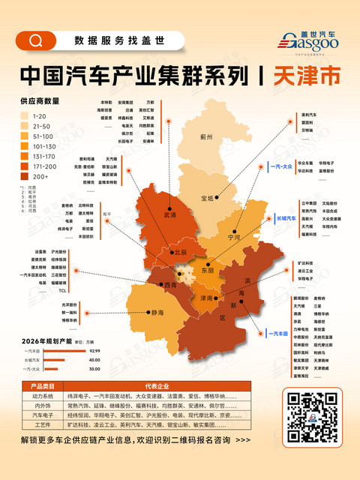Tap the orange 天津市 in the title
pyautogui.click(x=304, y=76)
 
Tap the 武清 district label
pyautogui.click(x=167, y=215)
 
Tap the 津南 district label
pyautogui.click(x=205, y=298)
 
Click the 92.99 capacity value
pyautogui.click(x=94, y=351)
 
